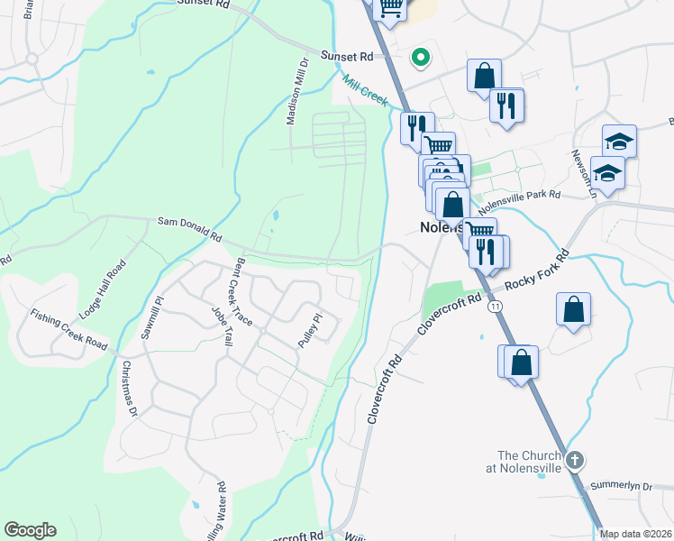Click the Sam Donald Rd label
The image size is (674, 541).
point(189,227)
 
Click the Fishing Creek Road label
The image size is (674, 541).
point(68,331)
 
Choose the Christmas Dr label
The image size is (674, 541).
point(128,389)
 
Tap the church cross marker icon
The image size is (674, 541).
point(575,460)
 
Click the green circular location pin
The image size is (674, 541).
point(419,59)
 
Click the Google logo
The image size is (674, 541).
point(30,530)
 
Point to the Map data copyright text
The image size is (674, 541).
point(635,534)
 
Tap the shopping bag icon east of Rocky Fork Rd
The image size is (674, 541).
point(573,311)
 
